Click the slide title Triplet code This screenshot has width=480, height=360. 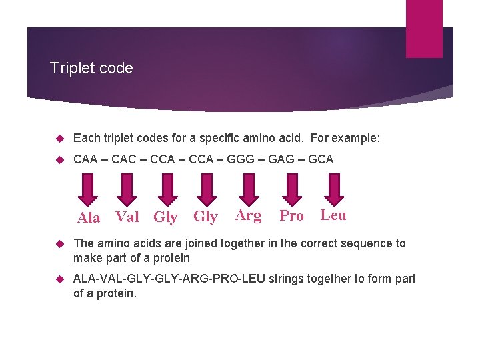[x=91, y=68]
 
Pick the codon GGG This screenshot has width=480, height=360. [x=245, y=159]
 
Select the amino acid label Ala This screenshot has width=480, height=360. [x=89, y=218]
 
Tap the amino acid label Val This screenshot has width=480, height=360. [x=127, y=217]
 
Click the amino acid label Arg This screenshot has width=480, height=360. [x=248, y=215]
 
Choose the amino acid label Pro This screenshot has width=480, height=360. [x=291, y=216]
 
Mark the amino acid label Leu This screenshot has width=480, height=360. [x=333, y=215]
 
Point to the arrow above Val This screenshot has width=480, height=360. [x=127, y=188]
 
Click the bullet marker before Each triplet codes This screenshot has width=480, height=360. [x=58, y=139]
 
